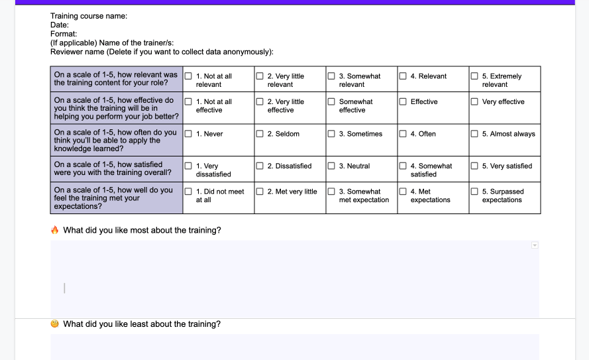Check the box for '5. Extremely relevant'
point(475,76)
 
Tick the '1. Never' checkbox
point(189,134)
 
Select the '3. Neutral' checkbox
point(332,166)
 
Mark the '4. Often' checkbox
point(403,134)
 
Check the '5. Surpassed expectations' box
point(475,192)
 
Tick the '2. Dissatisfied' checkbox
point(260,166)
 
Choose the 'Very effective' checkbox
point(475,101)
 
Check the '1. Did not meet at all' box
point(189,192)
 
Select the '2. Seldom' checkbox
point(260,134)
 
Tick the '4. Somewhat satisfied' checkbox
point(403,166)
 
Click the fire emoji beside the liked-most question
point(55,230)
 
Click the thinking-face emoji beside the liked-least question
point(55,324)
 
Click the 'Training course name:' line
point(89,16)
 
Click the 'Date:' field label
point(60,25)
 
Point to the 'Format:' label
point(64,34)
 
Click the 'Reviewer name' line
point(162,52)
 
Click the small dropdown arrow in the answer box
point(535,245)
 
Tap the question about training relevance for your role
point(116,79)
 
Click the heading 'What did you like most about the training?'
point(142,230)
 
